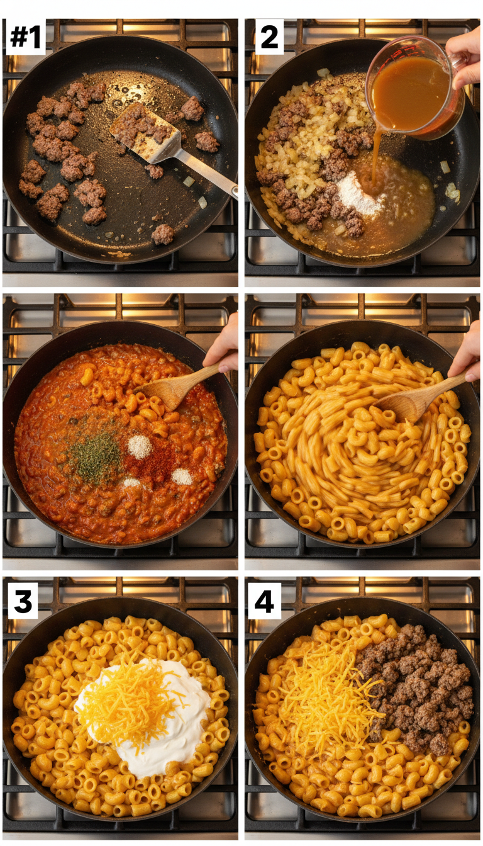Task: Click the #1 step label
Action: point(25,37)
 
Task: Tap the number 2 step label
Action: point(269,37)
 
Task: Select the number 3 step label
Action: point(23,601)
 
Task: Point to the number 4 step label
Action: point(264,601)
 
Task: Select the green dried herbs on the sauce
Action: point(94,456)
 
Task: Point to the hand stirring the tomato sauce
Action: point(223,349)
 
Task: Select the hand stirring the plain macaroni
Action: point(467,356)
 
